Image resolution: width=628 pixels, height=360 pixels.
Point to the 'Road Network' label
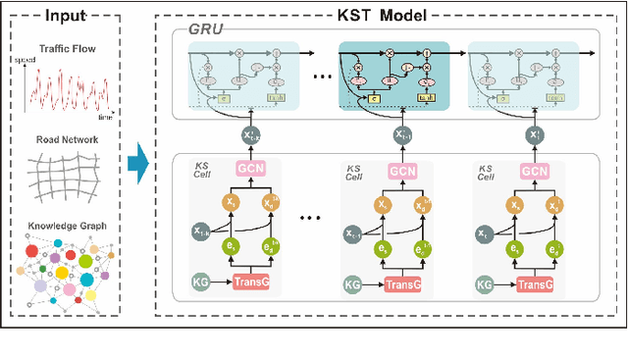pos(68,139)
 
